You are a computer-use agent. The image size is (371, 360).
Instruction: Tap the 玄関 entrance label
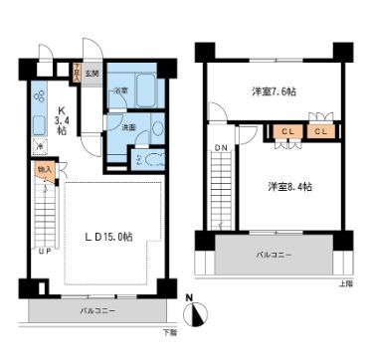pyautogui.click(x=91, y=74)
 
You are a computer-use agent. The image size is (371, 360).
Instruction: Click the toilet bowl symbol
pyautogui.click(x=140, y=157)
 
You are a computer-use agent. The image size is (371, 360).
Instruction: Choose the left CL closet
pyautogui.click(x=285, y=130)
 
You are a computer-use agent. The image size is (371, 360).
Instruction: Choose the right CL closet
pyautogui.click(x=321, y=130)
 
